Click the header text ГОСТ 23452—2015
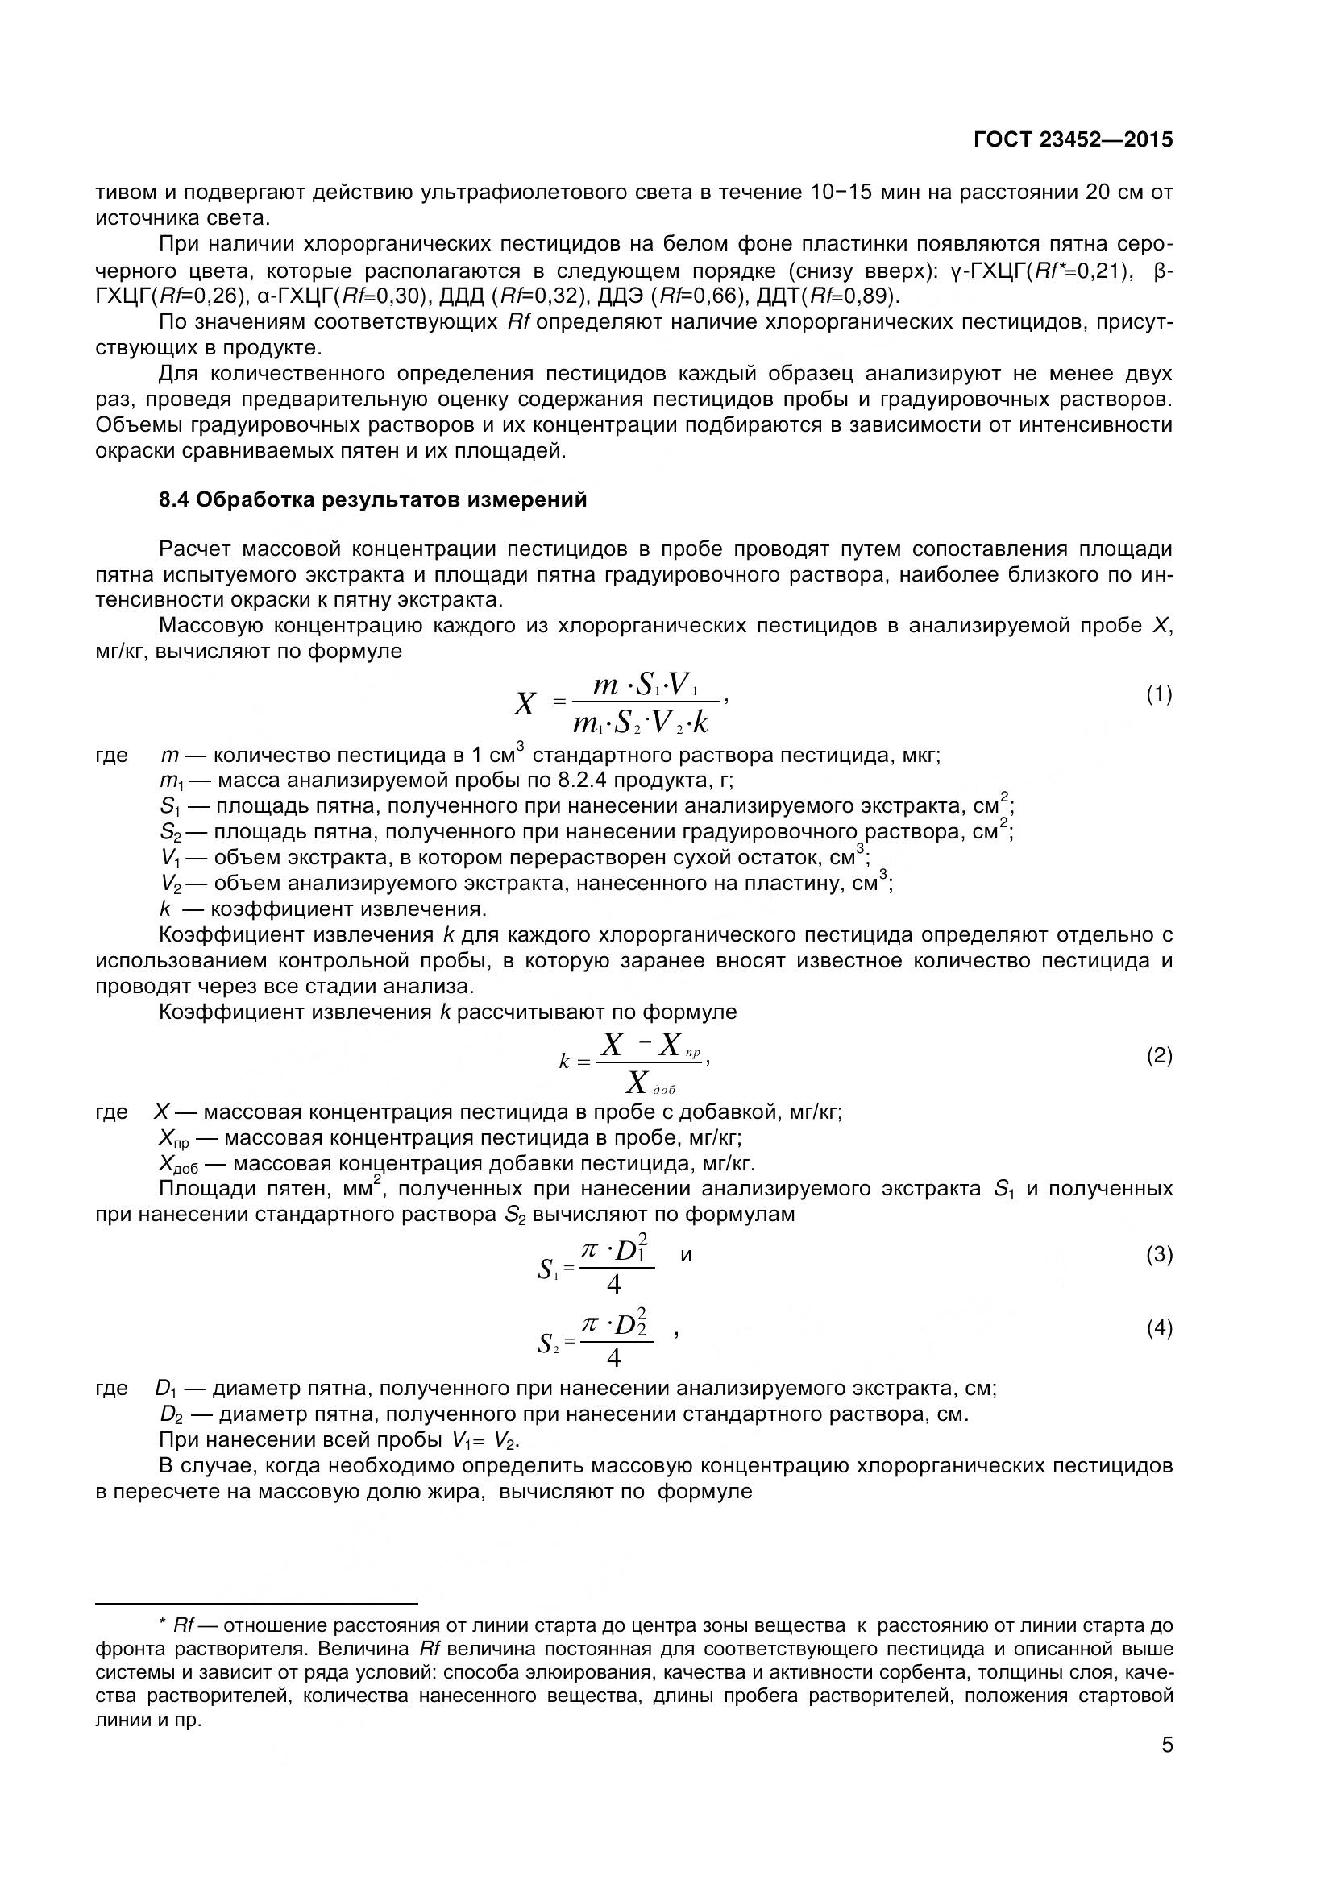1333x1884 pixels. pos(1073,139)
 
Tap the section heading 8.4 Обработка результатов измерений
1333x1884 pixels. pos(372,499)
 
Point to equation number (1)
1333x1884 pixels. pos(1159,695)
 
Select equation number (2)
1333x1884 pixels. pos(1159,1055)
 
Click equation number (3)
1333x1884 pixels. pos(1159,1255)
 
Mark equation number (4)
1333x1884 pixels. pos(1159,1327)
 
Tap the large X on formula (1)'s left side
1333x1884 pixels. pos(525,704)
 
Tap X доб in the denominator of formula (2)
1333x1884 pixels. pos(649,1084)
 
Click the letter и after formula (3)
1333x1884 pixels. pos(686,1255)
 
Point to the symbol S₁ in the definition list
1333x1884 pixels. pos(170,806)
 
